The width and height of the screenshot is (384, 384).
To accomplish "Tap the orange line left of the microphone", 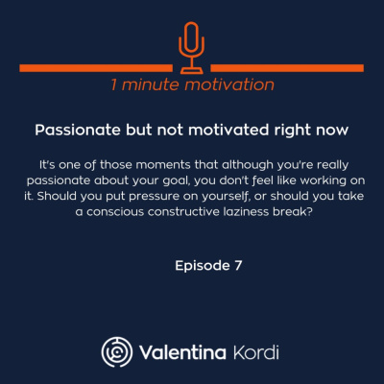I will point(96,68).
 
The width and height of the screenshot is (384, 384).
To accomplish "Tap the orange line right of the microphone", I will point(288,68).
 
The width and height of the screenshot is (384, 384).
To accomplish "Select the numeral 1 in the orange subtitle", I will point(115,85).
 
